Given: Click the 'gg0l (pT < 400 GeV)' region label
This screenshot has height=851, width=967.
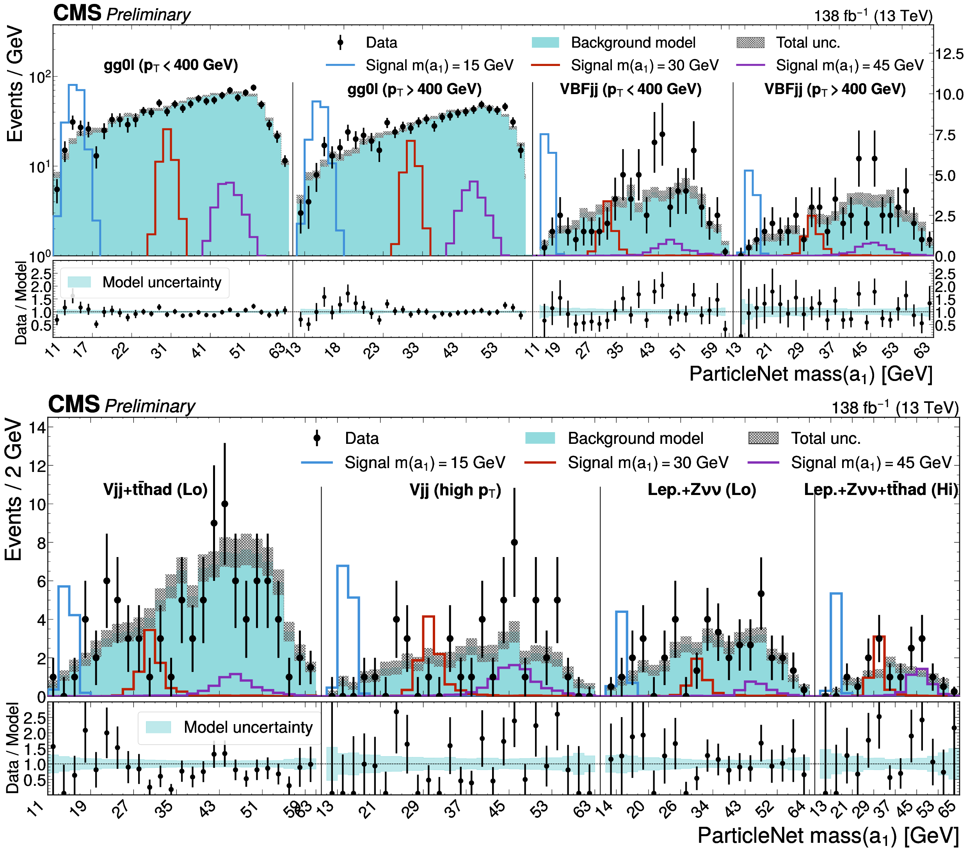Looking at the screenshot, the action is click(x=171, y=65).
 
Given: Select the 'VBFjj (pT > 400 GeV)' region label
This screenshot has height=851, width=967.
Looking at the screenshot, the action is click(x=835, y=89).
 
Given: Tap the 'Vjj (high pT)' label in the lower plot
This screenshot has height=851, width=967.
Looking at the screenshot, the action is click(x=455, y=490).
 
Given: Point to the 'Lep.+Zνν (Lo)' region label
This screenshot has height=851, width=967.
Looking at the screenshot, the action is click(x=702, y=490).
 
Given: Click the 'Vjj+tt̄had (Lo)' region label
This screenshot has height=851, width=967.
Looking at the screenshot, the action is click(x=155, y=490).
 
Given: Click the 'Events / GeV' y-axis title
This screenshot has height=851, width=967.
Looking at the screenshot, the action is click(x=15, y=84).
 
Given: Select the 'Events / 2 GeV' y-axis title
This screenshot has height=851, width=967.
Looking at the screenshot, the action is click(x=13, y=490).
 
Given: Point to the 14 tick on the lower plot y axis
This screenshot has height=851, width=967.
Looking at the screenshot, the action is click(x=37, y=427).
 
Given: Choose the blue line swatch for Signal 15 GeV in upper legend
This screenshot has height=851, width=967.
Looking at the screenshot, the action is click(x=340, y=65).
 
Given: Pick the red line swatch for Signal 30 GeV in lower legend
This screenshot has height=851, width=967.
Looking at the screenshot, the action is click(x=540, y=463).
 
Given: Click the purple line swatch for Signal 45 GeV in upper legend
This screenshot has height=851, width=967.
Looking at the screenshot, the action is click(x=750, y=65).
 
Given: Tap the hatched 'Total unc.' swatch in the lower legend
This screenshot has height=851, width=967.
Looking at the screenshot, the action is click(x=763, y=438).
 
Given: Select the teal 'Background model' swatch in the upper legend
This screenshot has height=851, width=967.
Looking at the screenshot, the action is click(x=546, y=42).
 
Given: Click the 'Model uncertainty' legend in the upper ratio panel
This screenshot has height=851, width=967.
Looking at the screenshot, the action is click(x=145, y=283).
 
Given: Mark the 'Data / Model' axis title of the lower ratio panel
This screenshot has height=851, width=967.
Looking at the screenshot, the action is click(x=13, y=748).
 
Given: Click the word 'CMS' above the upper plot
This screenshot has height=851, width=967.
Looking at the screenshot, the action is click(x=77, y=13).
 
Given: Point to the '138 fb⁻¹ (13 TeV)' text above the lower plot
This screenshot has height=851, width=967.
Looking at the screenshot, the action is click(x=895, y=407).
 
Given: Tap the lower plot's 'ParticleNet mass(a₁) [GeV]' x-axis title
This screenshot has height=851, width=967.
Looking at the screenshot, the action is click(x=828, y=835).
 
